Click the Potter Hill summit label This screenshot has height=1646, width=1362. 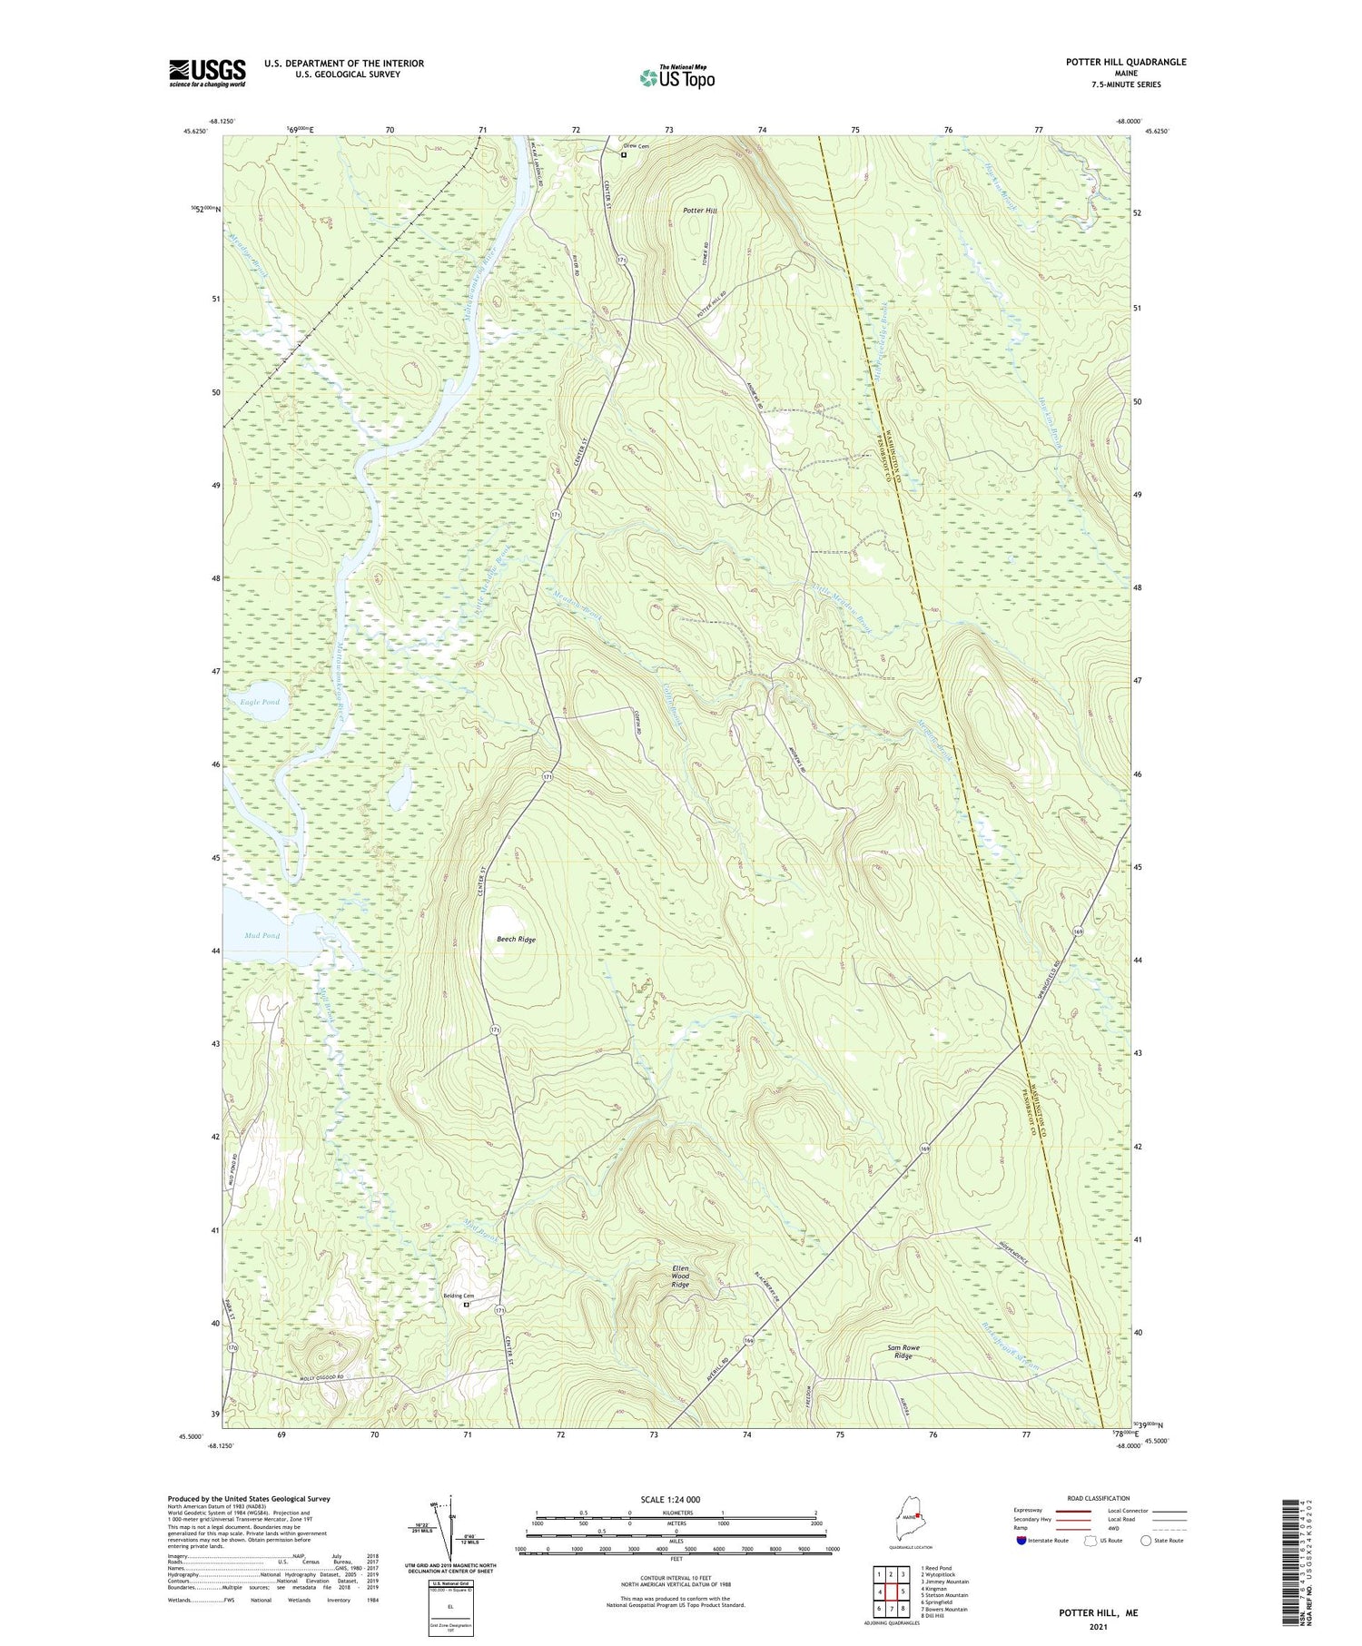tap(700, 211)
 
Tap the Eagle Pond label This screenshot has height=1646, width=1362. tap(260, 702)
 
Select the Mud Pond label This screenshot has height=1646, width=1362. tap(262, 935)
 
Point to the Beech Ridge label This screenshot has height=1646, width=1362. tap(516, 940)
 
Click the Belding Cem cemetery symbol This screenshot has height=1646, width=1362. tap(467, 1305)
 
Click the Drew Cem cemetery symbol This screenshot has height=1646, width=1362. tap(624, 155)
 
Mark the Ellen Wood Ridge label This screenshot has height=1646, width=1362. tap(681, 1276)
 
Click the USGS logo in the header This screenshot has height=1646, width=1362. tap(207, 73)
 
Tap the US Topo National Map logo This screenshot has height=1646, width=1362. tap(676, 77)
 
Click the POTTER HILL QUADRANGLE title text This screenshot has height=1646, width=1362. tap(1126, 63)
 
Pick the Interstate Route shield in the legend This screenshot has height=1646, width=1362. tap(1021, 1541)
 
